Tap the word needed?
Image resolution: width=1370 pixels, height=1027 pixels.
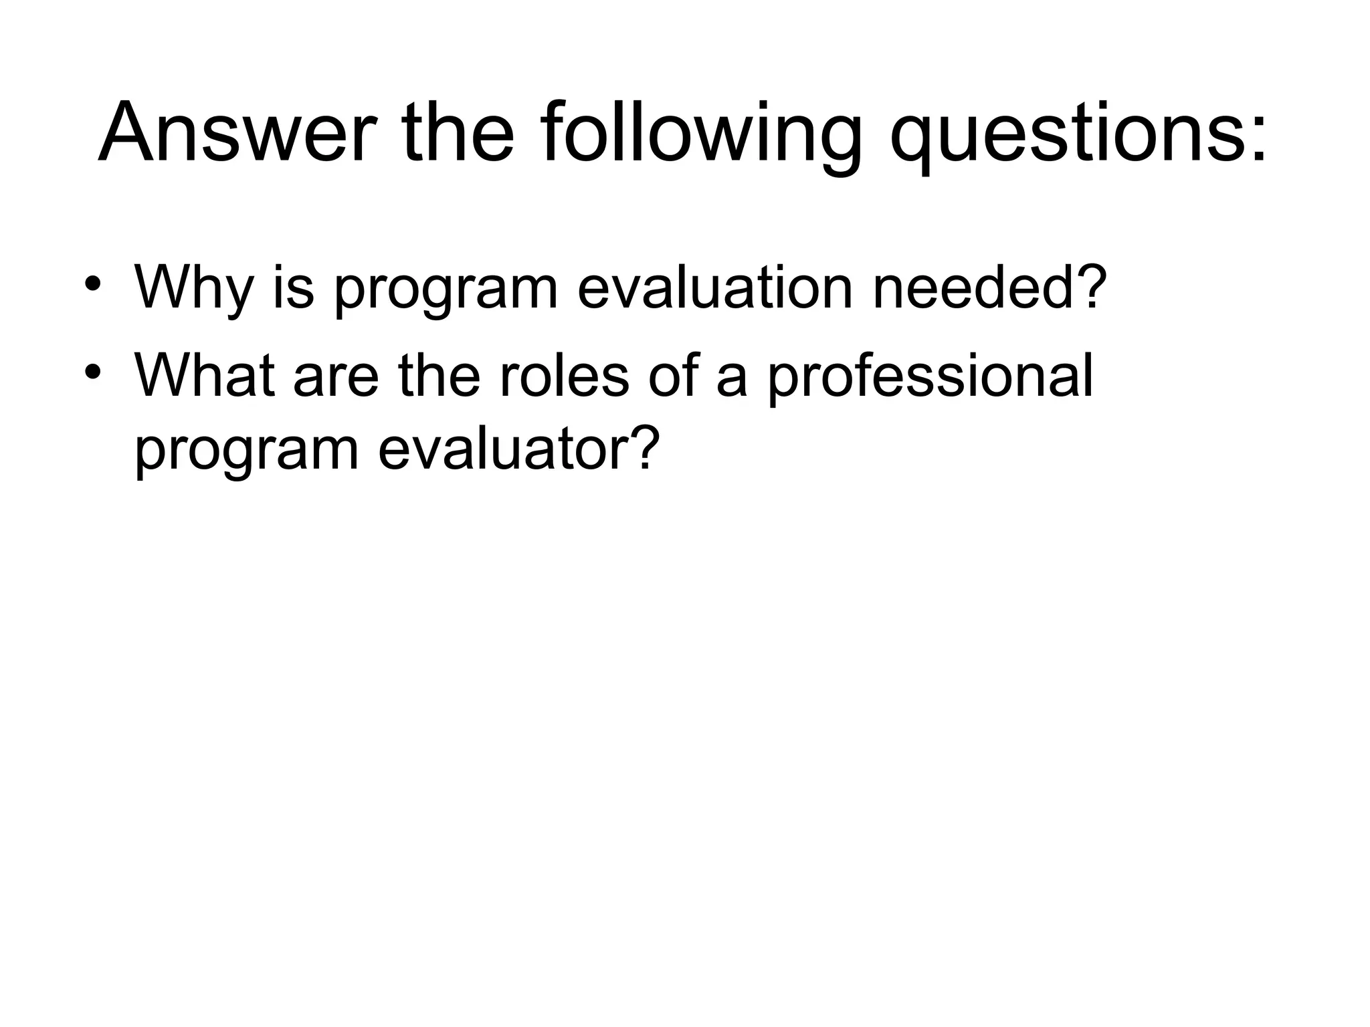click(987, 288)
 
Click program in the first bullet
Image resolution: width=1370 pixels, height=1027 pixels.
click(446, 288)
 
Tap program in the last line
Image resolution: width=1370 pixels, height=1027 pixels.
click(248, 450)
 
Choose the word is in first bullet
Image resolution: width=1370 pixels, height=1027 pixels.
click(293, 288)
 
